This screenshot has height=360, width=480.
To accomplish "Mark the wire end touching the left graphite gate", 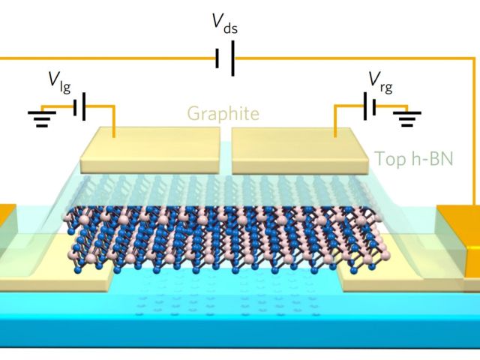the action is pos(115,137).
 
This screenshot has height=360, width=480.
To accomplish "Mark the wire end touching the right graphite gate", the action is pos(335,137).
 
